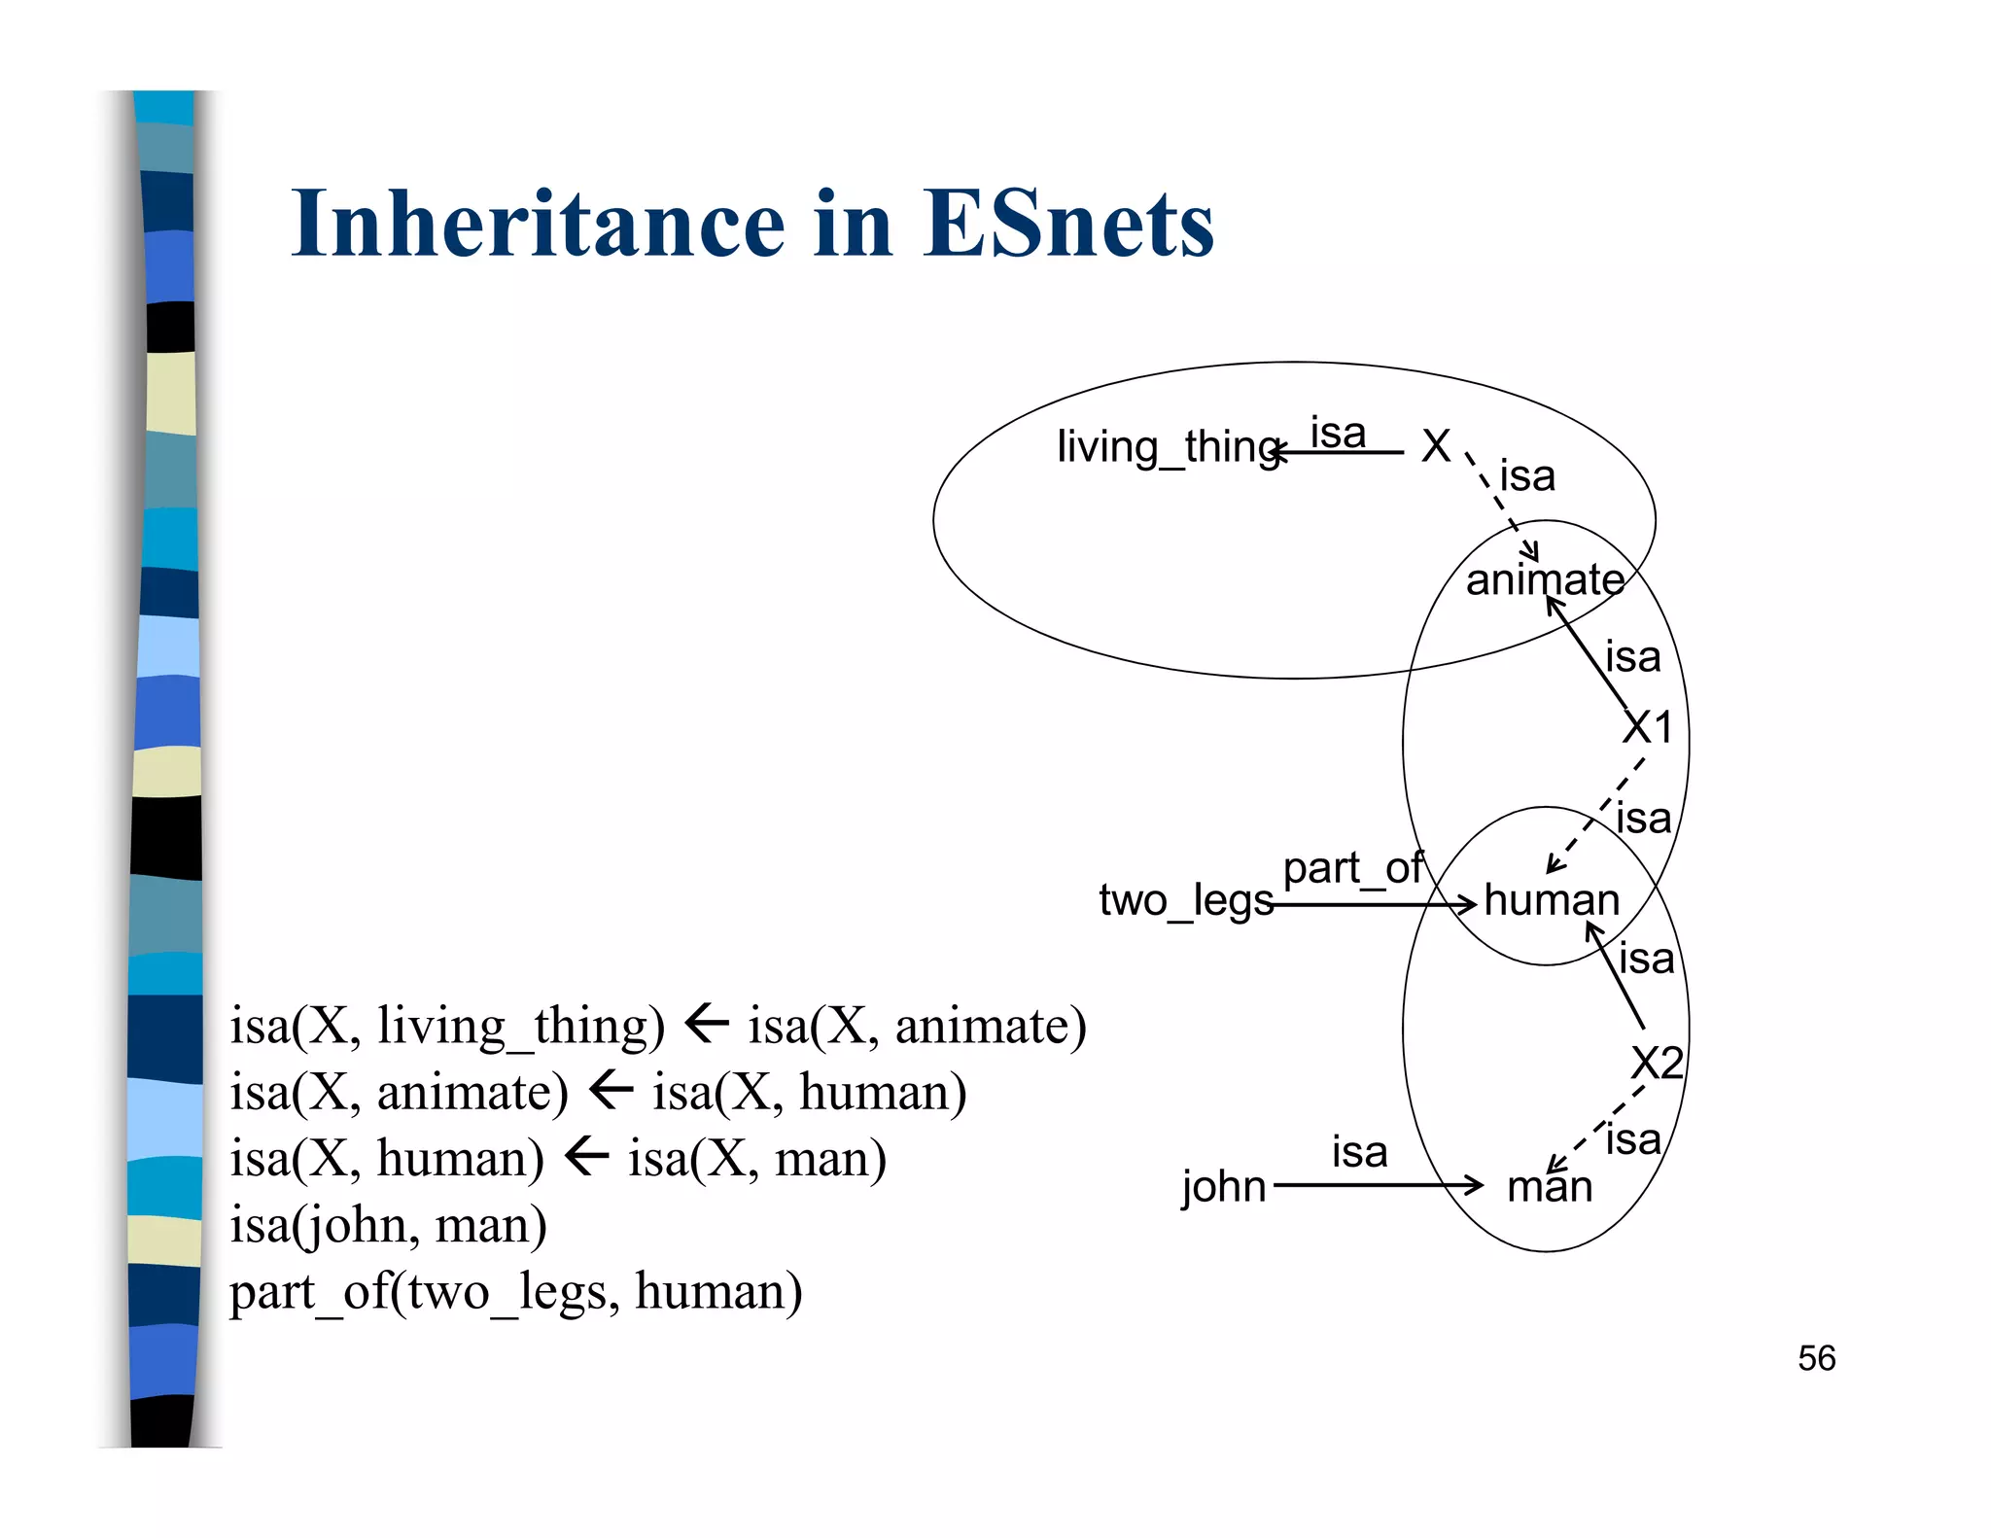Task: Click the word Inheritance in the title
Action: [538, 225]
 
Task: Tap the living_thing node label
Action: [1167, 447]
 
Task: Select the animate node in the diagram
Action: [1545, 580]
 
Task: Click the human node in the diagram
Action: [1552, 900]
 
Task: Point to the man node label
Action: [1550, 1187]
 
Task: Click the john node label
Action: [1223, 1187]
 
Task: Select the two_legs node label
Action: [1185, 900]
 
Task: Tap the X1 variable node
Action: [1648, 727]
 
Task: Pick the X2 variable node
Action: [1657, 1063]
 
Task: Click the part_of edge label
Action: [1352, 867]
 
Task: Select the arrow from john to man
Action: [1376, 1185]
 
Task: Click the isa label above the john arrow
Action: [1359, 1152]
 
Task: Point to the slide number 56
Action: [1816, 1358]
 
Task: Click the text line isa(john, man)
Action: [388, 1225]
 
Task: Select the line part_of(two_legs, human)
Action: [515, 1292]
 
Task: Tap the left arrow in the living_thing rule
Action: [707, 1024]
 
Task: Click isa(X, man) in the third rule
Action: [756, 1159]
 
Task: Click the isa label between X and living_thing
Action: [1338, 433]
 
